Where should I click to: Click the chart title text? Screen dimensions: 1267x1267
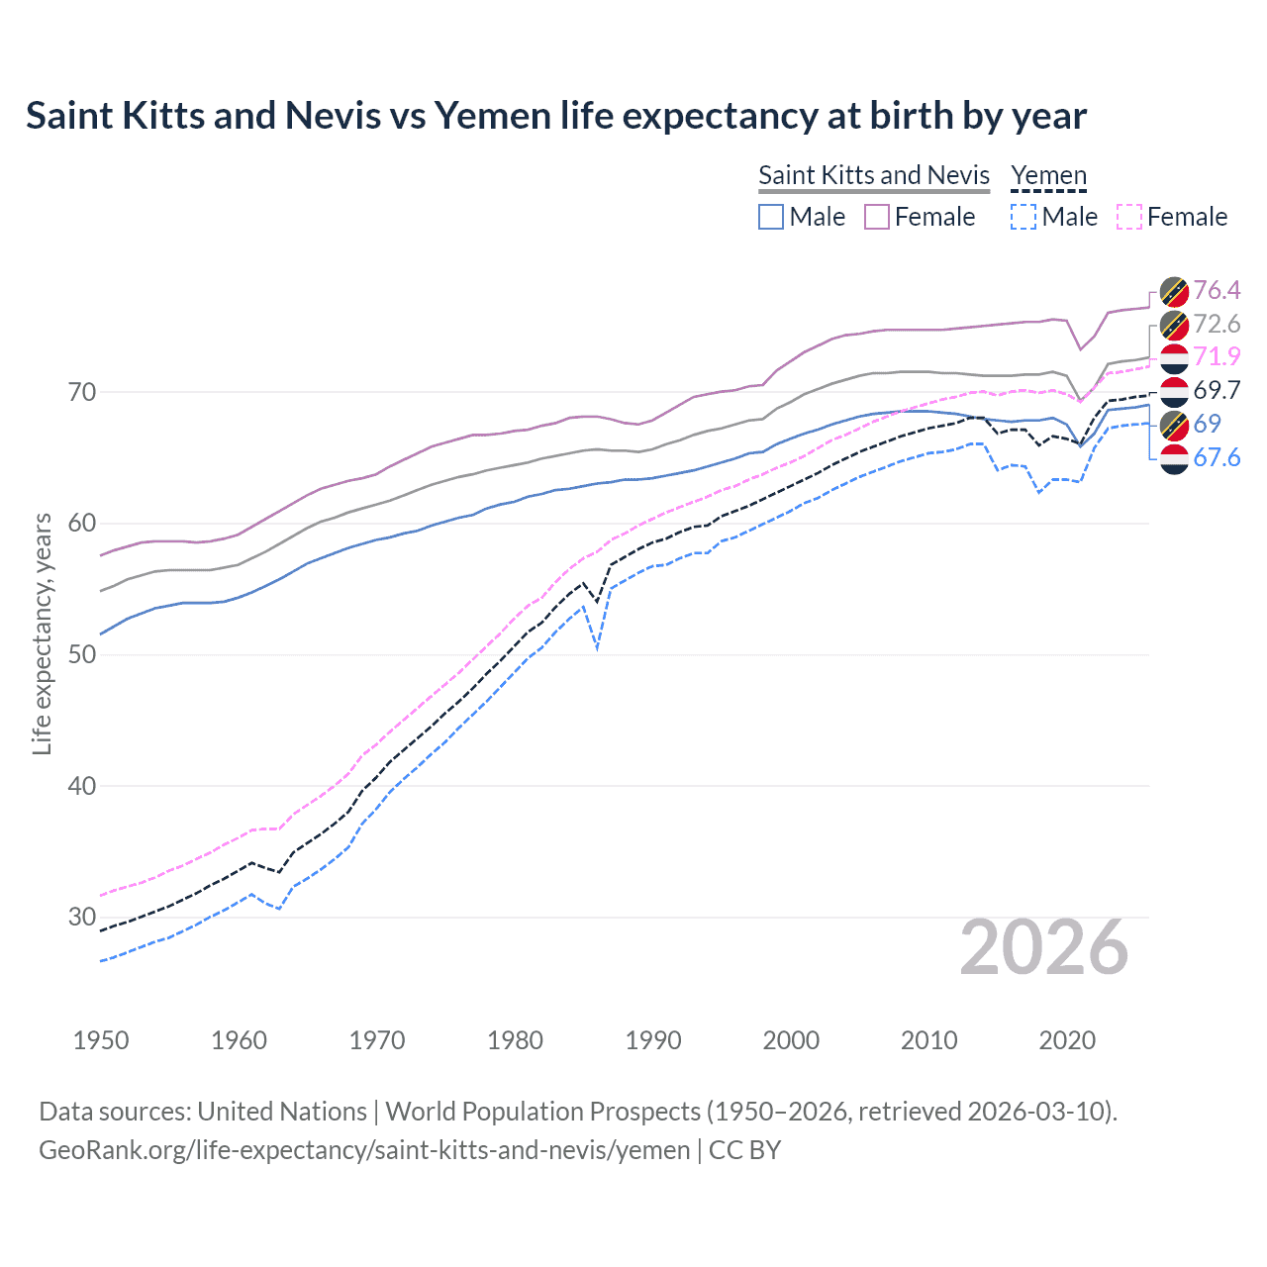tap(555, 116)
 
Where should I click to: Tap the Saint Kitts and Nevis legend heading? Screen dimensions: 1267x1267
tap(873, 175)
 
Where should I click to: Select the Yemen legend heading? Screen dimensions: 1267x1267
tap(1048, 175)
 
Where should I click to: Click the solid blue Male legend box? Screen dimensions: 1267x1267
tap(771, 217)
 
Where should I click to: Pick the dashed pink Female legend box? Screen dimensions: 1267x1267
tap(1128, 217)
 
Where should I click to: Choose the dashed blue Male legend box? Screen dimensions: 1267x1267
tap(1023, 217)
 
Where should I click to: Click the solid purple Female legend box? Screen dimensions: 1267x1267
tap(877, 217)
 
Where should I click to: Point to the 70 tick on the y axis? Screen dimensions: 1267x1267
tap(82, 392)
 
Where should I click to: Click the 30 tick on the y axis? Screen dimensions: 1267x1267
tap(82, 917)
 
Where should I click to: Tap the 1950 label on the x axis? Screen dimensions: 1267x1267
tap(101, 1040)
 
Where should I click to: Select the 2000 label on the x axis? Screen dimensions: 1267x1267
tap(791, 1040)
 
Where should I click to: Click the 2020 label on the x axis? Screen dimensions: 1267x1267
tap(1067, 1040)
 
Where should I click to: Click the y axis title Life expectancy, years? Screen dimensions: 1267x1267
tap(42, 633)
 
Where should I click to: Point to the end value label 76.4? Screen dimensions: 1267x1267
tap(1216, 290)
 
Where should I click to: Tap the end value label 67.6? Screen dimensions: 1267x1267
tap(1216, 457)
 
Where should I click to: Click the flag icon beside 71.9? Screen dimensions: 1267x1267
tap(1174, 357)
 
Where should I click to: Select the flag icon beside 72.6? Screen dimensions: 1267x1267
tap(1174, 324)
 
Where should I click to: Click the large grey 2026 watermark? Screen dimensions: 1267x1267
tap(1043, 947)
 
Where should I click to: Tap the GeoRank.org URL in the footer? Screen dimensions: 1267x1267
tap(364, 1150)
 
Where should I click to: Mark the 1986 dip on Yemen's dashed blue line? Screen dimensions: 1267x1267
tap(597, 648)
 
